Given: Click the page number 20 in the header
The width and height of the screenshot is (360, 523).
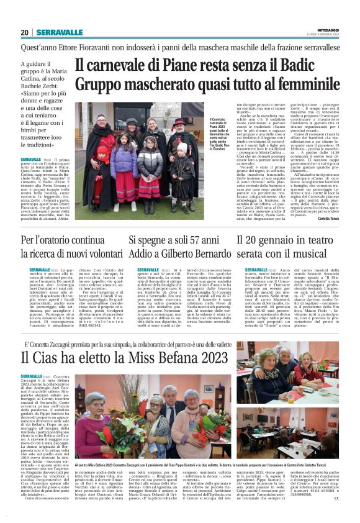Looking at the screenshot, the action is tap(25, 32).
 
